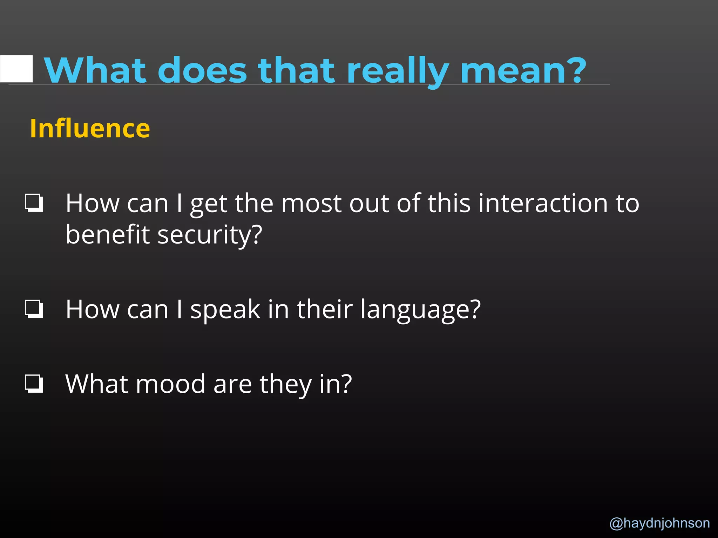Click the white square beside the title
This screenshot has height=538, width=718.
click(16, 69)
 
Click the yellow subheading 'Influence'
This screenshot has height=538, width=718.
click(90, 129)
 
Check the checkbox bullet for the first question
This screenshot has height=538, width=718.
click(34, 203)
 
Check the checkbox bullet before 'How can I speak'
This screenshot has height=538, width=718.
click(34, 309)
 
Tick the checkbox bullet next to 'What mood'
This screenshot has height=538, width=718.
click(34, 384)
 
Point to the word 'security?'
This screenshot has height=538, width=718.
click(210, 234)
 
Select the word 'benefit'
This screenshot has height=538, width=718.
click(108, 234)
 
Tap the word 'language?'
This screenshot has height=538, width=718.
click(420, 310)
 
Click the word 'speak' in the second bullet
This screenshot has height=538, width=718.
click(225, 310)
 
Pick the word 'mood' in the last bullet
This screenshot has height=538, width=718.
click(170, 384)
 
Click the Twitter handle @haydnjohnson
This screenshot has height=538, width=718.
click(659, 523)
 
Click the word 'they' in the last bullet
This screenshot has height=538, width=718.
click(285, 385)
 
